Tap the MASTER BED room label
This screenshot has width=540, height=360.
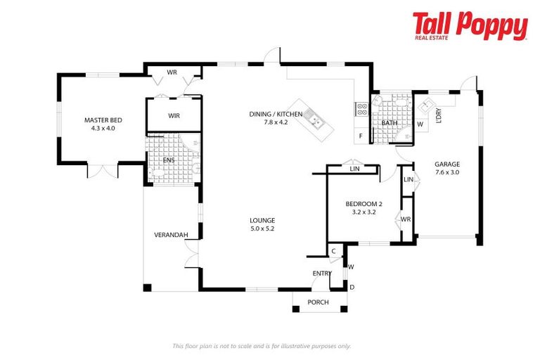point(98,120)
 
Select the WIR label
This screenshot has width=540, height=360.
point(174,116)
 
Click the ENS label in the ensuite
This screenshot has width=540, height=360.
point(168,160)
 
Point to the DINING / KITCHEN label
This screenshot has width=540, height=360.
point(276,114)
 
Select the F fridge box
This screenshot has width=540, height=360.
point(360,134)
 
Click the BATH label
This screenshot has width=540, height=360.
point(389,124)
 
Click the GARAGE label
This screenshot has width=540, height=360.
point(446,164)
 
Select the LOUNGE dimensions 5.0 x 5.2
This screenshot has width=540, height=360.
point(262,229)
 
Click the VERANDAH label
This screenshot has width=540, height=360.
point(169,235)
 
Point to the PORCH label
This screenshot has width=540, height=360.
point(319,302)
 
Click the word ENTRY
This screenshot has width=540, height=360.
point(322,274)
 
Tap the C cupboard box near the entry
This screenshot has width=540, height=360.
point(333,251)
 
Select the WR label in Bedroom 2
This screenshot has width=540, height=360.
point(406,219)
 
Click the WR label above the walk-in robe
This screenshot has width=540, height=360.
point(172,72)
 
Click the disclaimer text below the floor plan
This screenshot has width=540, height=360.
point(262,345)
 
